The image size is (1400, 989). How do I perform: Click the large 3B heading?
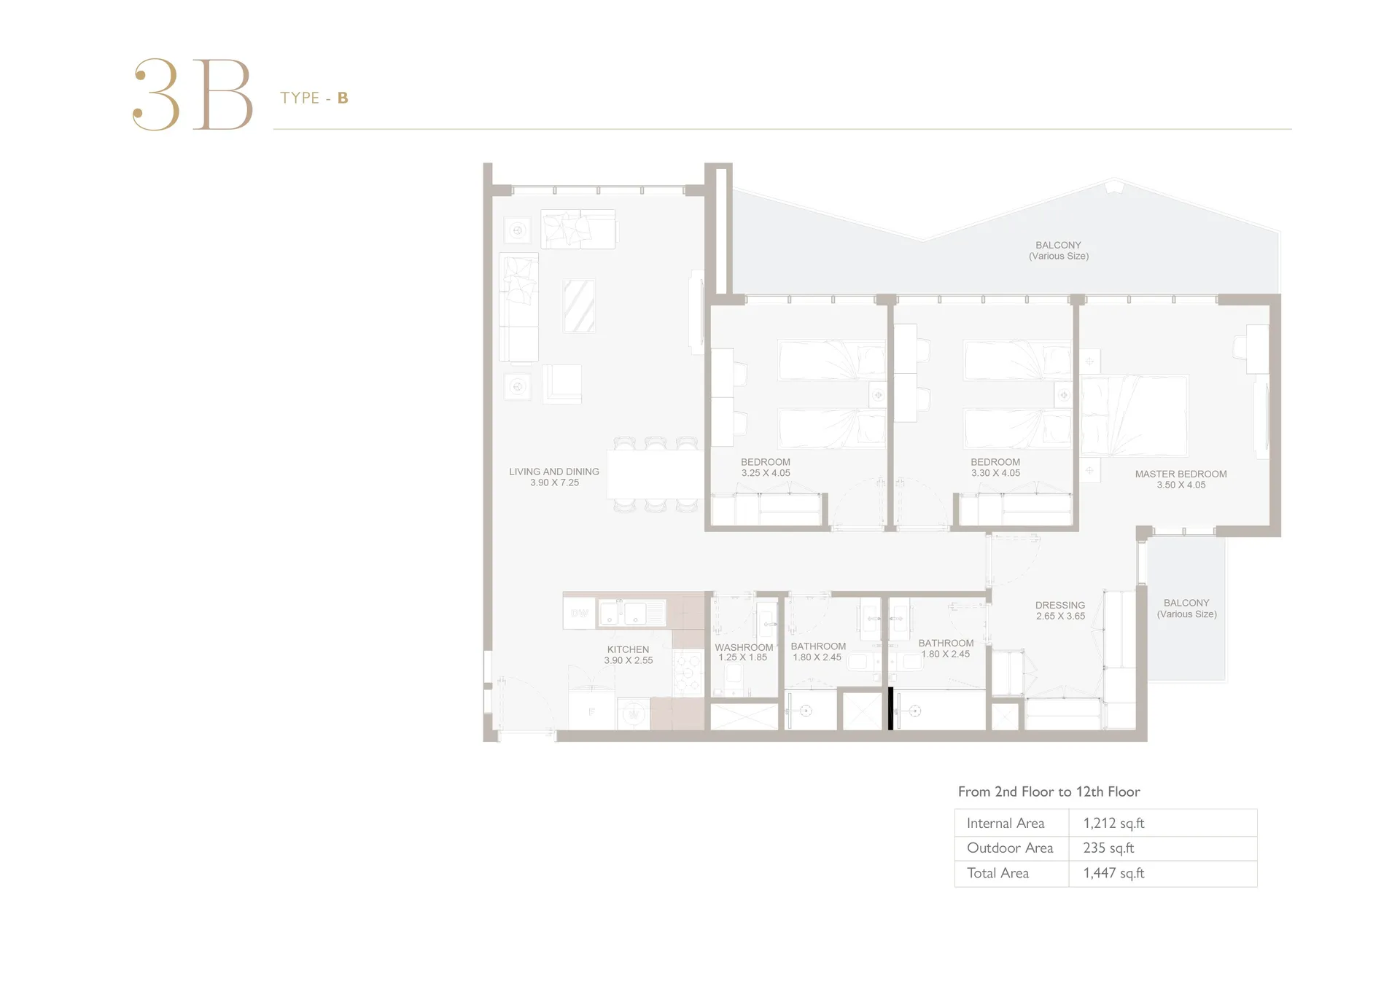(192, 95)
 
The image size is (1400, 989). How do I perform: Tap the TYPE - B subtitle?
(314, 98)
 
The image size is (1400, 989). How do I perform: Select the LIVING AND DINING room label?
(554, 472)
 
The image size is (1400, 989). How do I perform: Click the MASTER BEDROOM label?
(1181, 474)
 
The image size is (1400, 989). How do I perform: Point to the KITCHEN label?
(628, 649)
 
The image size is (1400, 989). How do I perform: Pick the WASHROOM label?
(744, 647)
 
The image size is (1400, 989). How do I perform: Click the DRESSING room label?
(1060, 605)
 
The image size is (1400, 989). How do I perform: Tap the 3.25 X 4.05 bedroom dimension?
(766, 473)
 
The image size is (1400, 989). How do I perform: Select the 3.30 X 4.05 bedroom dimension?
(995, 473)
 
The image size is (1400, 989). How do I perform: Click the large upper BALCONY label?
(1058, 246)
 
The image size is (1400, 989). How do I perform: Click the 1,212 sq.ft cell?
(1113, 823)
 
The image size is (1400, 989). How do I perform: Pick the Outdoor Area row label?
(1010, 848)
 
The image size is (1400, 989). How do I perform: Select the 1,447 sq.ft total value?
(1113, 872)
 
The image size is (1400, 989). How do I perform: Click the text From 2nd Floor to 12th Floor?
(1049, 791)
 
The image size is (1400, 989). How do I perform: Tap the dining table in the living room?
(656, 474)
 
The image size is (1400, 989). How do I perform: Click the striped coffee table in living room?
(579, 306)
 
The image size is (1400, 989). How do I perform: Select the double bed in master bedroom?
(1134, 415)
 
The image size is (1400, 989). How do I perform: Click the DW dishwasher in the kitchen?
(580, 613)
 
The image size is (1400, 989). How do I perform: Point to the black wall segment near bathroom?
(890, 708)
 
